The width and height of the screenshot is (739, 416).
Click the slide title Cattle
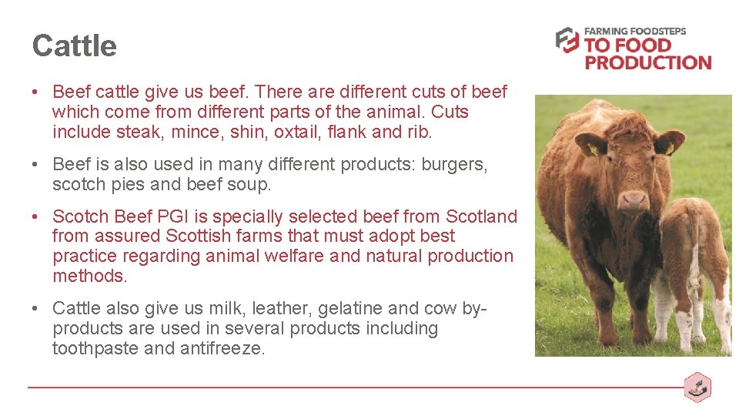pos(74,46)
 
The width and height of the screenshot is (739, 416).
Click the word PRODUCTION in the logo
pos(647,62)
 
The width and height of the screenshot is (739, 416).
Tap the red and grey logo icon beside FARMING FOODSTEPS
pos(567,40)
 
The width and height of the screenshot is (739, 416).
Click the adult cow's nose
pos(634,200)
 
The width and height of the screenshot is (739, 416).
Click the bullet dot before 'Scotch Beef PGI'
pos(36,217)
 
